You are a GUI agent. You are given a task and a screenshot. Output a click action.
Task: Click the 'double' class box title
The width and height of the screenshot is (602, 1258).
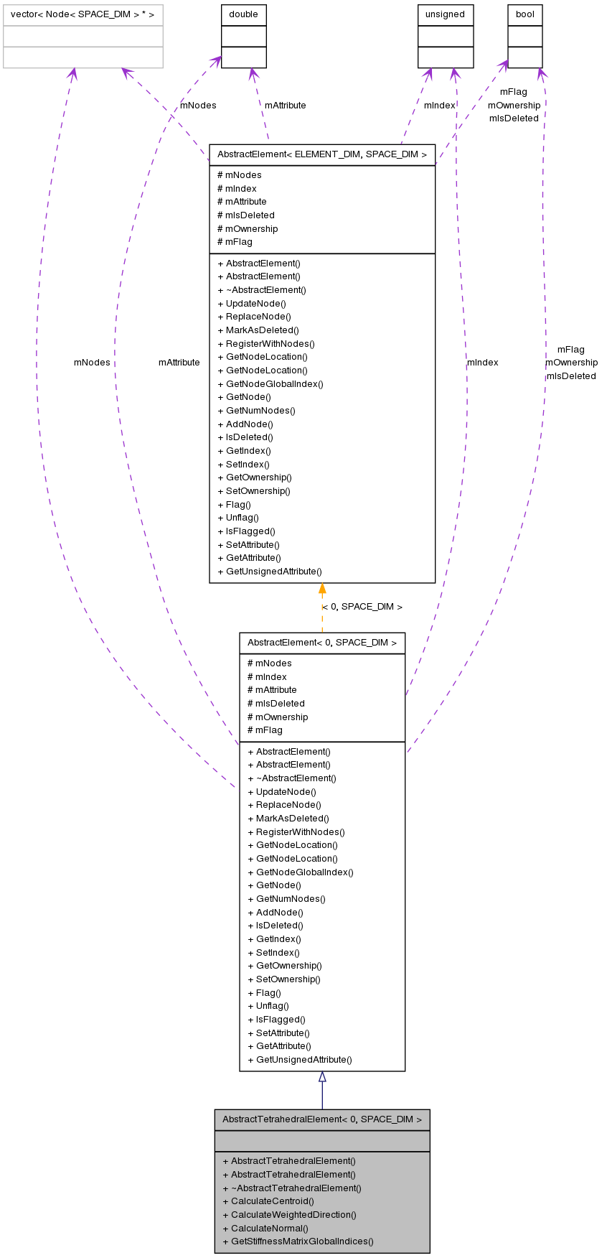pyautogui.click(x=244, y=14)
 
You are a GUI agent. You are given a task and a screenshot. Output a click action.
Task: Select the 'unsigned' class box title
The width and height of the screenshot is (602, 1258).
pyautogui.click(x=445, y=14)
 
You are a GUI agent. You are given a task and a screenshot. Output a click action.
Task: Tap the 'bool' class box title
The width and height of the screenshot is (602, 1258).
pyautogui.click(x=525, y=14)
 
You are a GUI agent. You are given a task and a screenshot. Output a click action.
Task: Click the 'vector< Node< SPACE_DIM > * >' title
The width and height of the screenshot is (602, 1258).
pyautogui.click(x=83, y=14)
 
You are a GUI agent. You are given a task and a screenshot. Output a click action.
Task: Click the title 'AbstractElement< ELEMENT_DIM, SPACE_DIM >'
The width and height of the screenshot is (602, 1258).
pyautogui.click(x=322, y=154)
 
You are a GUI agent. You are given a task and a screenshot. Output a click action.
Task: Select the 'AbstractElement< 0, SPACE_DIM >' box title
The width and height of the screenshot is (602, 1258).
pyautogui.click(x=322, y=643)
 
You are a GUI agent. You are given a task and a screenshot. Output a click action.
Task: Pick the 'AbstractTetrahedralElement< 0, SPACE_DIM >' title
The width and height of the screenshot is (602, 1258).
pyautogui.click(x=322, y=1119)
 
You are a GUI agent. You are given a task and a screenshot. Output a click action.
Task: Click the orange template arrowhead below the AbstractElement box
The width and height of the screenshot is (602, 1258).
pyautogui.click(x=322, y=589)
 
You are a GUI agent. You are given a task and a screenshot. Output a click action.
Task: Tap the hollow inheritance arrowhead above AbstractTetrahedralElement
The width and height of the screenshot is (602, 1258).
pyautogui.click(x=322, y=1077)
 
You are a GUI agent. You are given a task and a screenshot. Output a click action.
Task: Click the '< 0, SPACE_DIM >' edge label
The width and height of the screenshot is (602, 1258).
pyautogui.click(x=362, y=607)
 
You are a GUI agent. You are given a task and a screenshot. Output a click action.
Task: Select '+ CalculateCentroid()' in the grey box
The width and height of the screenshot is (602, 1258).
pyautogui.click(x=268, y=1201)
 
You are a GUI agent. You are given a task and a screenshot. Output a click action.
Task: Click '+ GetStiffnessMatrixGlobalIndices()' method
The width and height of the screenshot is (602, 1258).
pyautogui.click(x=298, y=1241)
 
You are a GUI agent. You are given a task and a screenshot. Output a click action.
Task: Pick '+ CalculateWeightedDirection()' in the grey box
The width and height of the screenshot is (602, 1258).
pyautogui.click(x=289, y=1214)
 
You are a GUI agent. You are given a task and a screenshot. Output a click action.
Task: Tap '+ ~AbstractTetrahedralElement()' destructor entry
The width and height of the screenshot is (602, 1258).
pyautogui.click(x=292, y=1188)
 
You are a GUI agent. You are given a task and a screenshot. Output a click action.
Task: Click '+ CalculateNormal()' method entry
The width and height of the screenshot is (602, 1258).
pyautogui.click(x=265, y=1228)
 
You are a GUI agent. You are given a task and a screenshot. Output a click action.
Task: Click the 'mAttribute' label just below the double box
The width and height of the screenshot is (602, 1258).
pyautogui.click(x=285, y=106)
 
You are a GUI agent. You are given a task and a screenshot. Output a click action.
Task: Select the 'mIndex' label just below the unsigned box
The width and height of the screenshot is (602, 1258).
pyautogui.click(x=439, y=106)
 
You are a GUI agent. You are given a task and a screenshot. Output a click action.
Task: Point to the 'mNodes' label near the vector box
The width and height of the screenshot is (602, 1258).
pyautogui.click(x=198, y=106)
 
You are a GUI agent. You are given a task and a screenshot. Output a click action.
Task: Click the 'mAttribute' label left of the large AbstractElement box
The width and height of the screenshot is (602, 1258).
pyautogui.click(x=179, y=363)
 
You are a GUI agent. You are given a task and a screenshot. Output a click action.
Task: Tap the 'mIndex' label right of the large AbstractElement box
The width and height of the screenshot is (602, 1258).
pyautogui.click(x=482, y=363)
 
